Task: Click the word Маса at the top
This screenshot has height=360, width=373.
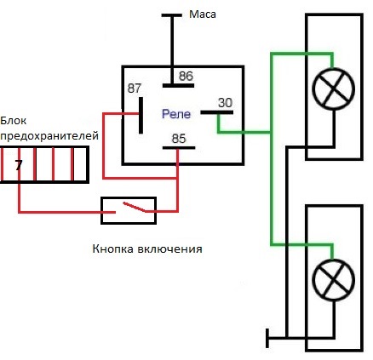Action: pos(203,14)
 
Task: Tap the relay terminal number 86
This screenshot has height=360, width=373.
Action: pos(186,76)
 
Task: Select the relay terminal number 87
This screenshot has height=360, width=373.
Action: pos(135,89)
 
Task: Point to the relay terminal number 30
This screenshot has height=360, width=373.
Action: pos(225,103)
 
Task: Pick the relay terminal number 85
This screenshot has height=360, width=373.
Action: pos(179,139)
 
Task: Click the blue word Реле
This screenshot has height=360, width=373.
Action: pos(176,114)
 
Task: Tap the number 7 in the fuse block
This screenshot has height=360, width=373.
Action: pos(19,165)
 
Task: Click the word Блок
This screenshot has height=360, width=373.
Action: pos(14,121)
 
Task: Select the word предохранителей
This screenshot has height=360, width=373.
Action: pos(49,136)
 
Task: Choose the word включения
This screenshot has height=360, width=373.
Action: pos(169,249)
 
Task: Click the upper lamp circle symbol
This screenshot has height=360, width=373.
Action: pos(334,89)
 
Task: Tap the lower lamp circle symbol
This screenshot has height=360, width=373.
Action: pos(334,280)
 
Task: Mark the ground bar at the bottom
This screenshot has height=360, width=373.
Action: pos(267,338)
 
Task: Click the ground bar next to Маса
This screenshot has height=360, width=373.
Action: pos(172,15)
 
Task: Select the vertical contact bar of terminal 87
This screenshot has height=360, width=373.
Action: pos(141,115)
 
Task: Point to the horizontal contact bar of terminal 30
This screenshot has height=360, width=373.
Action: pos(217,112)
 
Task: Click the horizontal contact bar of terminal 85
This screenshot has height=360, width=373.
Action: pos(179,148)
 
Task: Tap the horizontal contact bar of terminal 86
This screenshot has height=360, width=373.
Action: pos(178,85)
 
